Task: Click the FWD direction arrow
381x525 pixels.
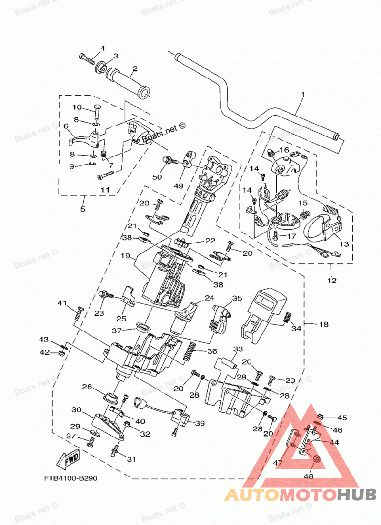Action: (69, 459)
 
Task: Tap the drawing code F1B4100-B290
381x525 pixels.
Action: (71, 478)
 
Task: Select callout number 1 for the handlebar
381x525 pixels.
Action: (303, 95)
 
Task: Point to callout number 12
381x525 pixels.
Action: (331, 280)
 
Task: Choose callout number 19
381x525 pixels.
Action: (125, 256)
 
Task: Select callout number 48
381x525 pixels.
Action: (309, 476)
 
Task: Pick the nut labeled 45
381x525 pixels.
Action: (320, 417)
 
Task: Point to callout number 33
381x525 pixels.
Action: (238, 349)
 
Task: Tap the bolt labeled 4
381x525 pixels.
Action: (88, 59)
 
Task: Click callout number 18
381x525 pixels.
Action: (324, 324)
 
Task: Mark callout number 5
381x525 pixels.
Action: (82, 209)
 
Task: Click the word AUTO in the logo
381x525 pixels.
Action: (252, 495)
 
